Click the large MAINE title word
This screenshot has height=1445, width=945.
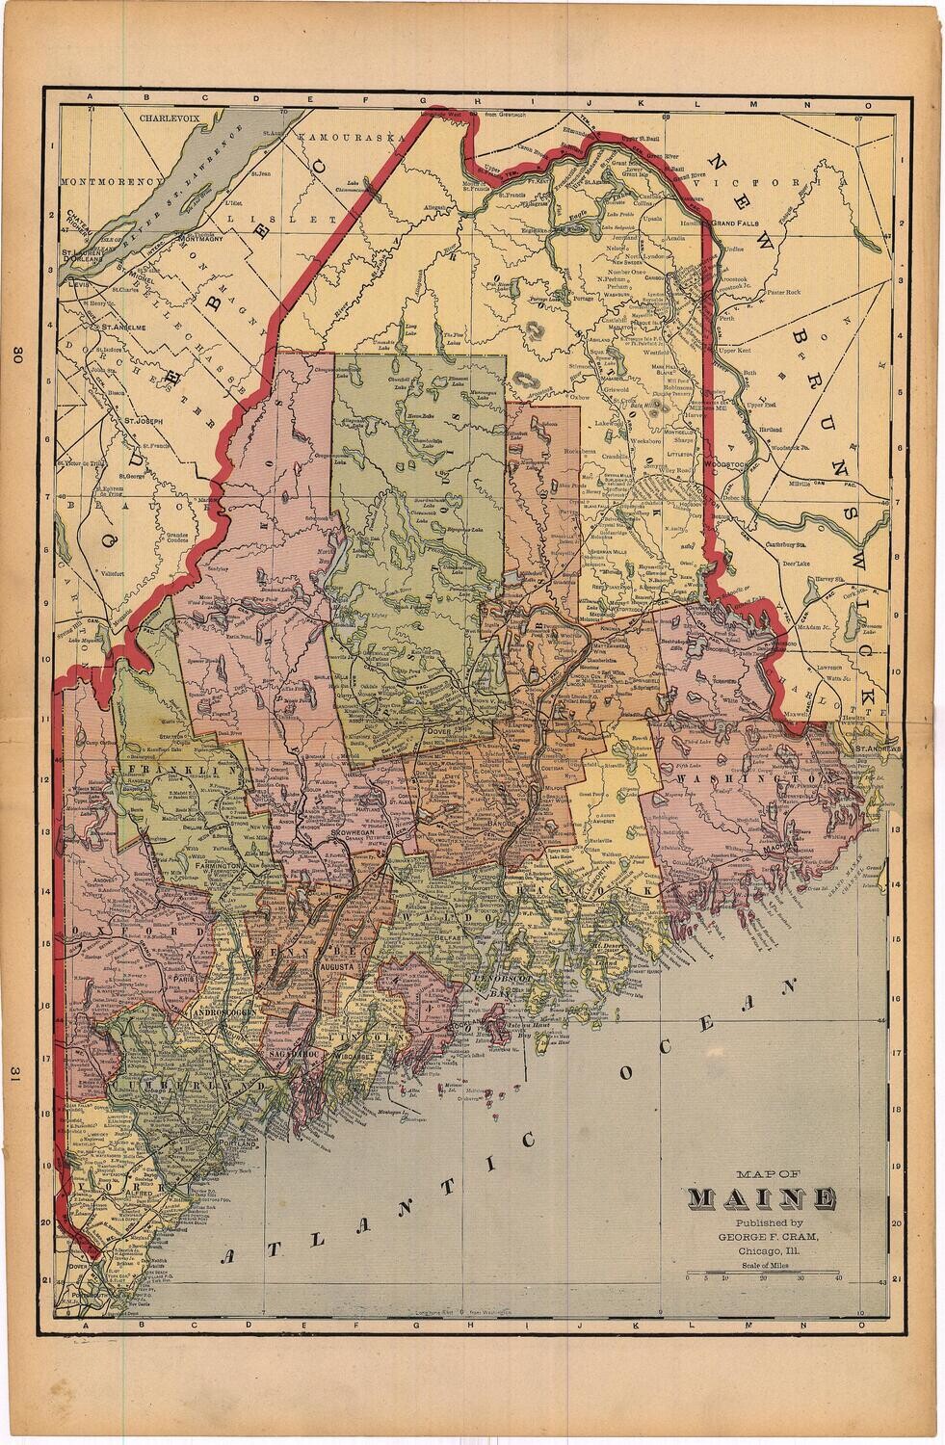760,1199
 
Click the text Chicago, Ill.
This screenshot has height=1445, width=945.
761,1249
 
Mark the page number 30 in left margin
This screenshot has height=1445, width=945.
17,355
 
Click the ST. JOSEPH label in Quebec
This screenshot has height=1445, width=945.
136,421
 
